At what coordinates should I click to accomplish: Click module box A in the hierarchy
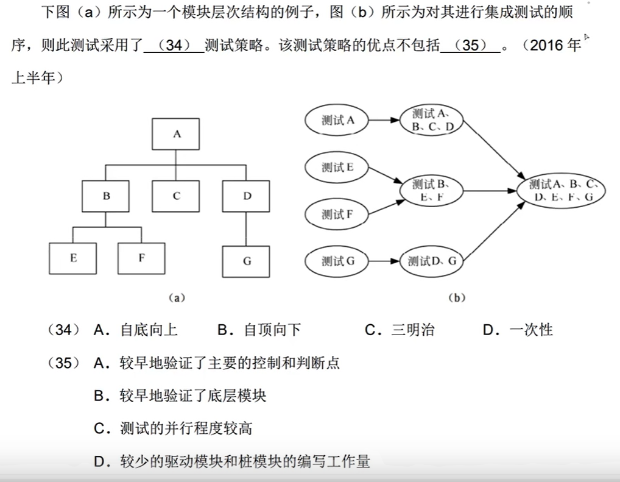tap(176, 134)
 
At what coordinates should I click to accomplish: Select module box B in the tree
tap(107, 196)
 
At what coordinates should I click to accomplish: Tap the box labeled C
tap(176, 196)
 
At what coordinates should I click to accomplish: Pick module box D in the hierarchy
tap(247, 196)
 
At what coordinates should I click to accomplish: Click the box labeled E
tap(73, 258)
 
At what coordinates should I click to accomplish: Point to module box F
tap(141, 258)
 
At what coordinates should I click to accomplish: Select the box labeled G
tap(247, 261)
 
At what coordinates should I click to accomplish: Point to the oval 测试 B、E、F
tap(431, 190)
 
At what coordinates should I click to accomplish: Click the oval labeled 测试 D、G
tap(431, 261)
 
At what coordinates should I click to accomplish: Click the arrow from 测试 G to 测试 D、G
tap(385, 261)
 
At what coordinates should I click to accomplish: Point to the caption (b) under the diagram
tap(456, 298)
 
